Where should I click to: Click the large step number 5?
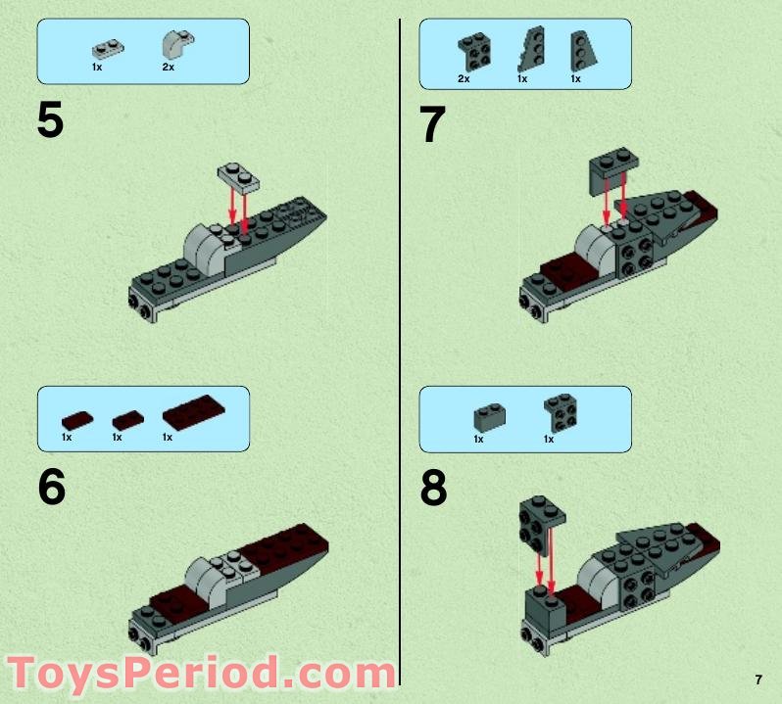50,121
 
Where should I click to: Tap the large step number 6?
52,487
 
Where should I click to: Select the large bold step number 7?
432,125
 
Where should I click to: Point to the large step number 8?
433,489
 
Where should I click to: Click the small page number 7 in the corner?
758,680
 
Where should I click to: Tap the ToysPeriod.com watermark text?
200,676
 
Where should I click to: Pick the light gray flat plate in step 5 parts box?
104,48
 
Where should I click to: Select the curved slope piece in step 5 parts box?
174,45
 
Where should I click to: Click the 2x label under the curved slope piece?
168,68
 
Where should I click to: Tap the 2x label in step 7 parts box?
464,78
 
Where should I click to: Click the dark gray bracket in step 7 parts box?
474,49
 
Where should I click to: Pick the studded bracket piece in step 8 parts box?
560,411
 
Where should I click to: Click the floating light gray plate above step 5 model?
238,175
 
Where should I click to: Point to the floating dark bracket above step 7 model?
611,166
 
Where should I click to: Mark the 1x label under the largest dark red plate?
168,438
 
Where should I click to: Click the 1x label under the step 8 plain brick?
478,440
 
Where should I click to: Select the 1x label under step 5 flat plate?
97,68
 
